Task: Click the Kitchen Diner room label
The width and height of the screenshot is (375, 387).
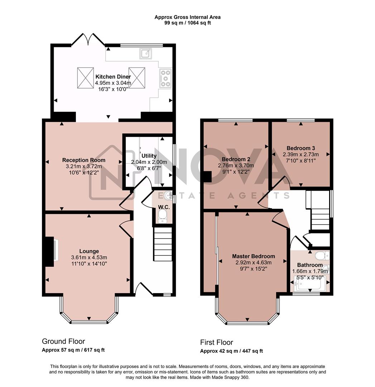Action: (113, 77)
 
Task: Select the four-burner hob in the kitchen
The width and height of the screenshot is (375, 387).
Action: (165, 78)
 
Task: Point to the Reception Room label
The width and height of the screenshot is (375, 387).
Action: (84, 160)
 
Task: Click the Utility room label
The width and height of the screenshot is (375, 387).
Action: (149, 156)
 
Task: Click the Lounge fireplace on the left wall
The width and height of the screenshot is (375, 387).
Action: (50, 252)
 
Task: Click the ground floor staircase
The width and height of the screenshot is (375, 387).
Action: (163, 246)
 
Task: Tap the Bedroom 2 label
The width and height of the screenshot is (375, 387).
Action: (236, 159)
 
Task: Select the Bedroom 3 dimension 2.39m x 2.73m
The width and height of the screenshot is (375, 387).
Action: (301, 154)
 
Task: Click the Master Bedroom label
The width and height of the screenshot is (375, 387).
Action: (253, 256)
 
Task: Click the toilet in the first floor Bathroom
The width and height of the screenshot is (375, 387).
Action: (322, 256)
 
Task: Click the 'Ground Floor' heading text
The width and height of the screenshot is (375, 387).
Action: (63, 341)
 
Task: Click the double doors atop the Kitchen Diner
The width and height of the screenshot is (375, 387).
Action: (88, 39)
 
